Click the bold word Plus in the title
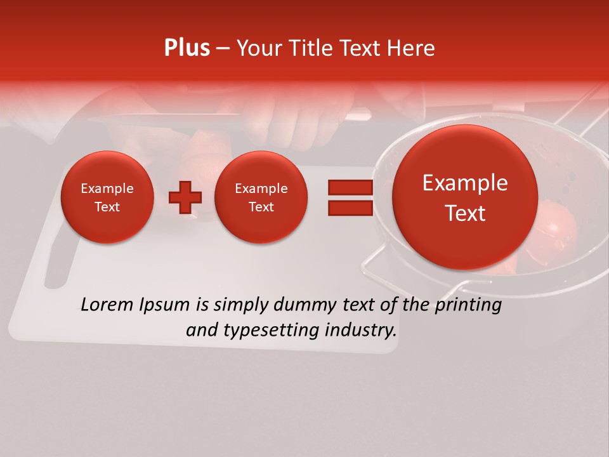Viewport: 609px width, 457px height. [x=187, y=48]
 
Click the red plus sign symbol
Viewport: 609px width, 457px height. [x=185, y=197]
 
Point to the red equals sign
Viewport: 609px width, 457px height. [x=350, y=197]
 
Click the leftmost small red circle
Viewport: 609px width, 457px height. [x=107, y=197]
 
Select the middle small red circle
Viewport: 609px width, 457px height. [x=261, y=197]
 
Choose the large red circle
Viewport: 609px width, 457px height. [x=465, y=197]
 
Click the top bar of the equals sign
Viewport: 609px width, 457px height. [x=350, y=187]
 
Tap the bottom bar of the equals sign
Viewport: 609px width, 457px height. [x=350, y=208]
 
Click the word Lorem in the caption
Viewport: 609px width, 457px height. [x=105, y=305]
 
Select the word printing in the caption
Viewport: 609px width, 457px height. [x=468, y=305]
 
